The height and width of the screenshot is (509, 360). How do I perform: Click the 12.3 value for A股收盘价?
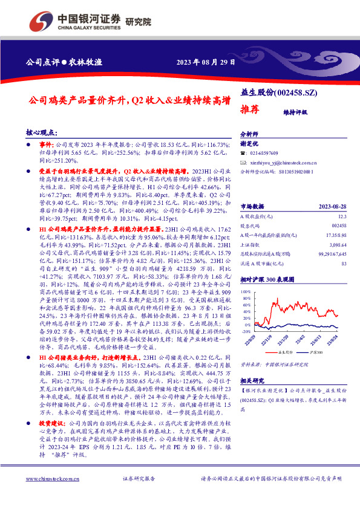pos(342,216)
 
